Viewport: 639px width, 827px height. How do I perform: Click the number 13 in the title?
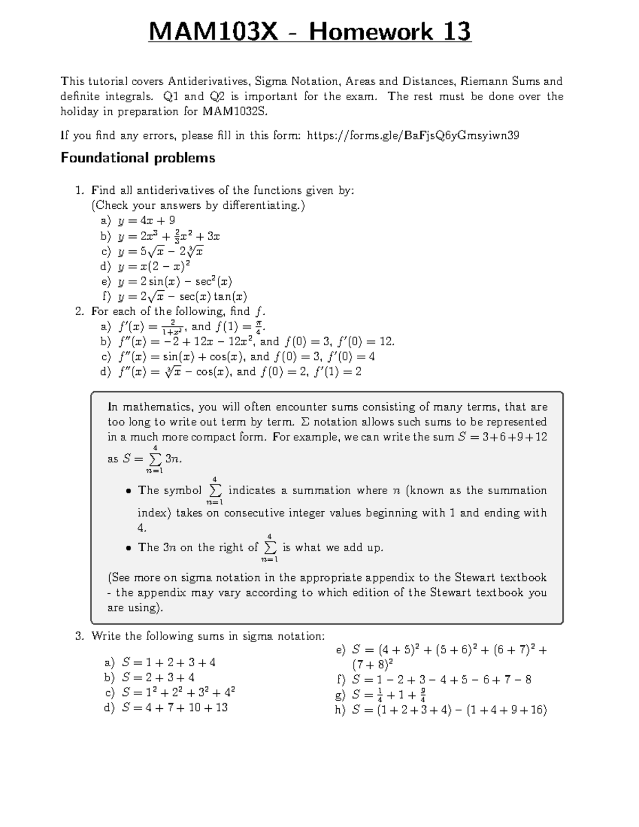pyautogui.click(x=454, y=32)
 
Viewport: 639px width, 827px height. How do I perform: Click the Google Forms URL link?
pyautogui.click(x=413, y=135)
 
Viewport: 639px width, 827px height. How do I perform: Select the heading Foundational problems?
pyautogui.click(x=138, y=158)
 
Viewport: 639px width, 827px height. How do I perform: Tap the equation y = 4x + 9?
pyautogui.click(x=146, y=220)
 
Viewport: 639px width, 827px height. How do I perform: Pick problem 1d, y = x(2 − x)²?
pyautogui.click(x=154, y=266)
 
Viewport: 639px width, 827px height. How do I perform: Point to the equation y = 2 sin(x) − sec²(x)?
pyautogui.click(x=175, y=281)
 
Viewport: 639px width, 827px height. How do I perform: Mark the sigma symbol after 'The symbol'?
pyautogui.click(x=215, y=490)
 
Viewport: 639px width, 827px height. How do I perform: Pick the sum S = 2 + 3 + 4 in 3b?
pyautogui.click(x=158, y=677)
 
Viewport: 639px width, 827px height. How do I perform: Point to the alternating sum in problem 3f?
pyautogui.click(x=441, y=679)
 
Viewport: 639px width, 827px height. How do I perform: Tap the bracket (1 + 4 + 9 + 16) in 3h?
pyautogui.click(x=506, y=710)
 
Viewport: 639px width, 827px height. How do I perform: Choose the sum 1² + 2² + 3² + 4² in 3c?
pyautogui.click(x=178, y=693)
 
